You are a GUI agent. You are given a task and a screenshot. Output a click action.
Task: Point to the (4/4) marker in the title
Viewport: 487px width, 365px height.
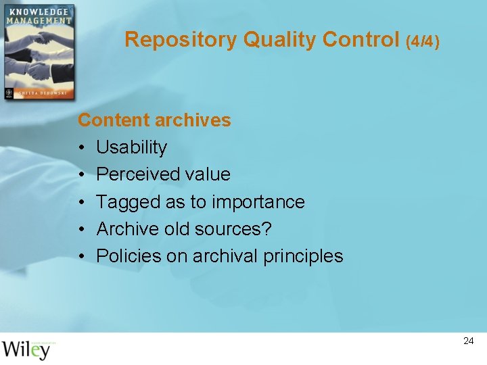pos(423,42)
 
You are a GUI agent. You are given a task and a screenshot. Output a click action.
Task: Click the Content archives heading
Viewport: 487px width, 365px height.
pos(154,120)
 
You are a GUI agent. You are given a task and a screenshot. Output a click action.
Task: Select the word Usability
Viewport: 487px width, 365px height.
pos(131,148)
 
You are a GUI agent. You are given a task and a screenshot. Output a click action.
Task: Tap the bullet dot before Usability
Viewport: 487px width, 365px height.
pos(80,148)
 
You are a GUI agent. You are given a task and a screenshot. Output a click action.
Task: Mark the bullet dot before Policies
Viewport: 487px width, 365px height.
pos(80,257)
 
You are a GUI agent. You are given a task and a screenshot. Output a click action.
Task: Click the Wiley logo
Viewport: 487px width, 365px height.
pos(27,349)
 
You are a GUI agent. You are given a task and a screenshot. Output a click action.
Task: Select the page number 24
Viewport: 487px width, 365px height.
pos(468,341)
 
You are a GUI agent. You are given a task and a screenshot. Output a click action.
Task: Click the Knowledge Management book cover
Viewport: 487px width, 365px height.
pos(39,53)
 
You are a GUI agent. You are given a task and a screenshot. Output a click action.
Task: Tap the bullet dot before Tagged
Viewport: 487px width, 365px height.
pos(80,203)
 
